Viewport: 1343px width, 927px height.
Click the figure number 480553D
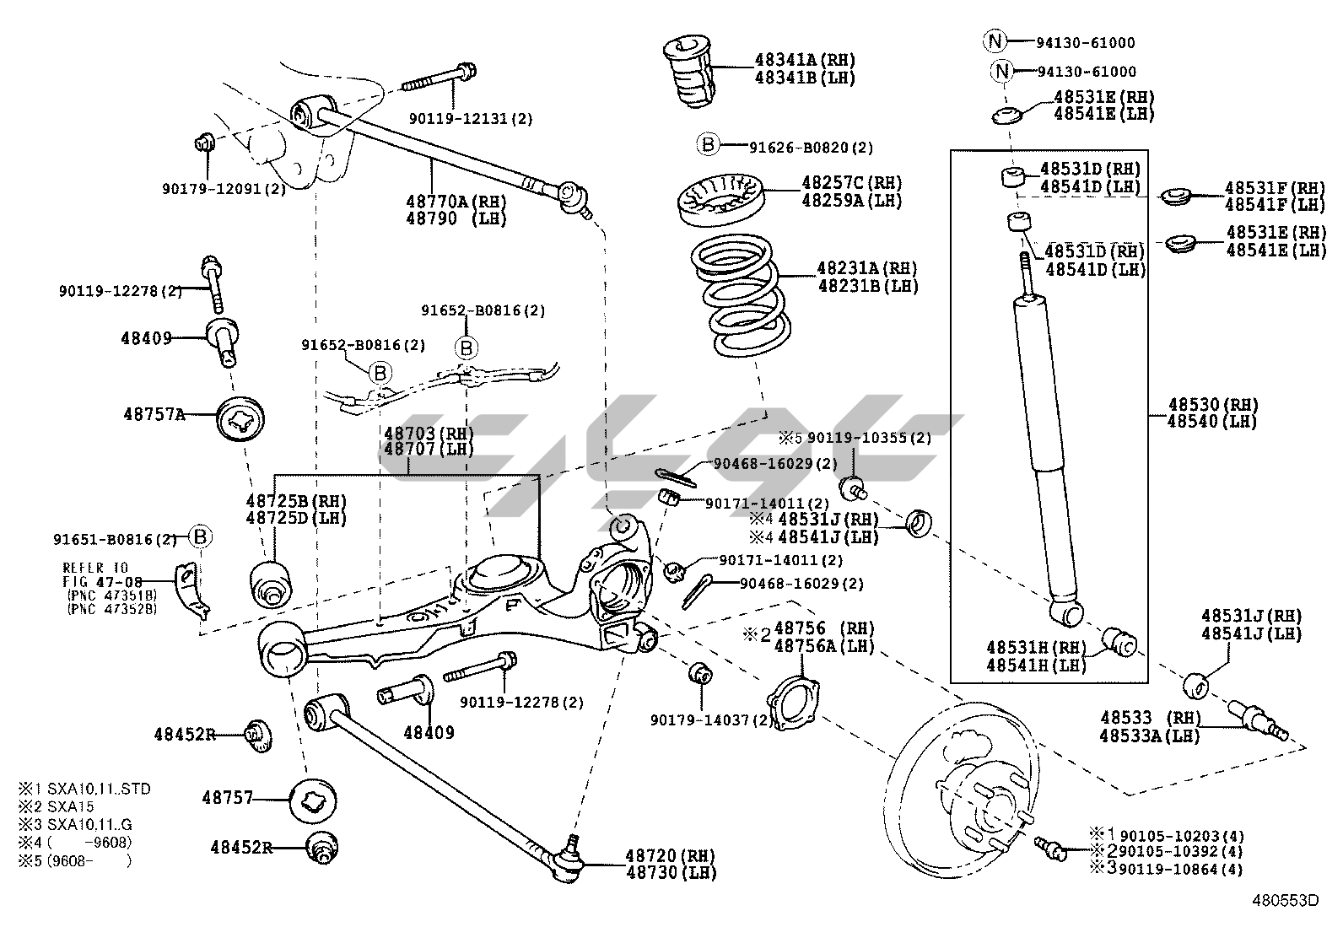point(1284,900)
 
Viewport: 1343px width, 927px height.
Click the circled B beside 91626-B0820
point(708,145)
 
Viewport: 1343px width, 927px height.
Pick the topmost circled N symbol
point(995,40)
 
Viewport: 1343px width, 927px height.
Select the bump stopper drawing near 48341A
point(689,71)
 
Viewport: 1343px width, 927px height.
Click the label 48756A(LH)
point(824,646)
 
